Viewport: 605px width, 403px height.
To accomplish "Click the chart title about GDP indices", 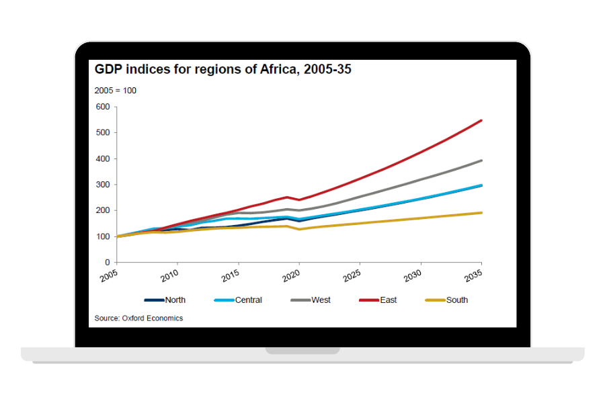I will click(x=223, y=70).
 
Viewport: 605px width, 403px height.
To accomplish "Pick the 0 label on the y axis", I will click(x=107, y=263).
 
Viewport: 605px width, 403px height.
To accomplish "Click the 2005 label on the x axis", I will click(x=110, y=276).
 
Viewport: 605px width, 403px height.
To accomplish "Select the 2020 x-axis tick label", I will click(x=292, y=276).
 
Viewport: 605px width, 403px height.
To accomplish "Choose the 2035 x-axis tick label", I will click(x=475, y=276).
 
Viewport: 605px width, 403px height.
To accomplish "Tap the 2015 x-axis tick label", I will click(x=231, y=276).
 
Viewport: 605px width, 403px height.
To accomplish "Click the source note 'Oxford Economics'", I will click(x=138, y=318).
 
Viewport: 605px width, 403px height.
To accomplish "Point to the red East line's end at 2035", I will click(x=481, y=121).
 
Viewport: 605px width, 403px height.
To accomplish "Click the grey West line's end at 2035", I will click(x=481, y=161).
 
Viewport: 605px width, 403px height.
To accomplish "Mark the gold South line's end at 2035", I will click(x=481, y=213).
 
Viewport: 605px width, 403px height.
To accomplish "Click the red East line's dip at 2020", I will click(x=299, y=200).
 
